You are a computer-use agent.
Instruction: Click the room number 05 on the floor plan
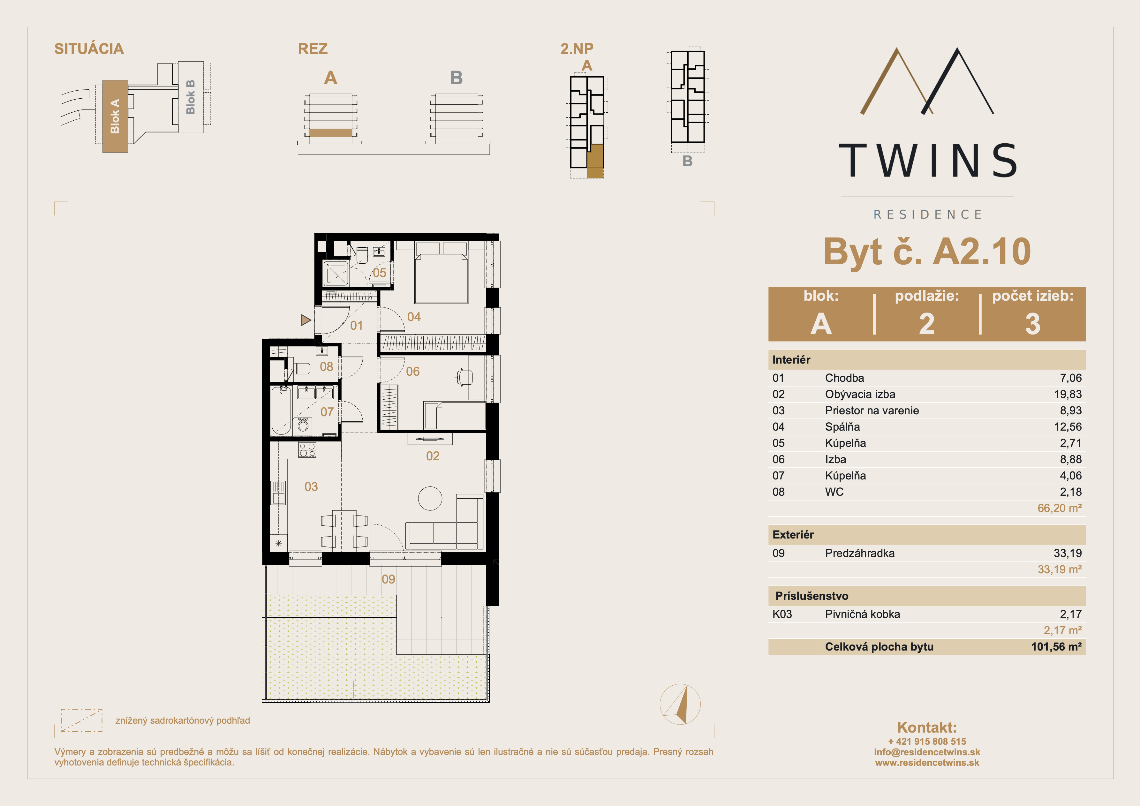point(379,273)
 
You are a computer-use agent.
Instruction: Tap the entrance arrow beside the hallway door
point(306,320)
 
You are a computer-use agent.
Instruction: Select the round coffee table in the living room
point(430,498)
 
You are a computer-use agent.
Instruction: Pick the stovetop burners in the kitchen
point(307,450)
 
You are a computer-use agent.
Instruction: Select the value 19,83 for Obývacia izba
point(1068,394)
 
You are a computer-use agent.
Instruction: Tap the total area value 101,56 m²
point(1056,647)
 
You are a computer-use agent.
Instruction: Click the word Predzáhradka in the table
point(859,553)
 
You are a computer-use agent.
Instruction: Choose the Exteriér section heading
point(793,535)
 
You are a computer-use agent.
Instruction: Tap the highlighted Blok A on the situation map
point(115,116)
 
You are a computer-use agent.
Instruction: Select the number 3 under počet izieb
point(1033,324)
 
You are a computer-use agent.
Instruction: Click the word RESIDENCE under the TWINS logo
point(927,215)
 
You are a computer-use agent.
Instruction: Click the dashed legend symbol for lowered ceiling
point(81,720)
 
